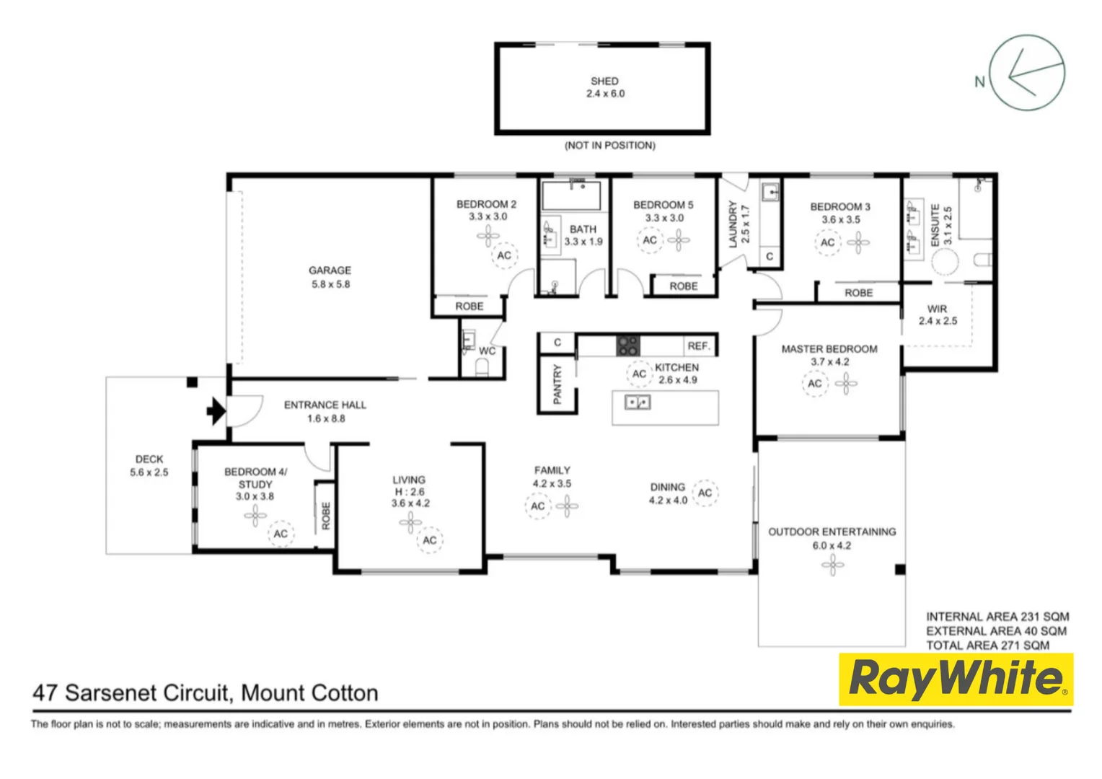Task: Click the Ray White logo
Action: (x=956, y=679)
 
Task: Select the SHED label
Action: (x=604, y=82)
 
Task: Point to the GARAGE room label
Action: (x=330, y=270)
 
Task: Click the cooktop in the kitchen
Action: (x=627, y=346)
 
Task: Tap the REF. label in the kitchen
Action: (x=698, y=346)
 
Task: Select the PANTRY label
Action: (x=557, y=384)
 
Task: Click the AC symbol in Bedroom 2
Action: (x=504, y=255)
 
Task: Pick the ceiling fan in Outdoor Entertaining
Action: (x=832, y=565)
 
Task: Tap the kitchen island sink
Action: (x=638, y=402)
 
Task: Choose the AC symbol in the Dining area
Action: (x=705, y=493)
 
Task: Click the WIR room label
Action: (x=937, y=309)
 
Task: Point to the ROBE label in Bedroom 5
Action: (x=683, y=286)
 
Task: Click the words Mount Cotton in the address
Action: (x=309, y=693)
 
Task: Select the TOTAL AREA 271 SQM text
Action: (x=987, y=645)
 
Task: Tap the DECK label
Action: (x=149, y=459)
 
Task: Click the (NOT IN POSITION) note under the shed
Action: (x=609, y=146)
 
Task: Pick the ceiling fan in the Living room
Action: (x=410, y=522)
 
